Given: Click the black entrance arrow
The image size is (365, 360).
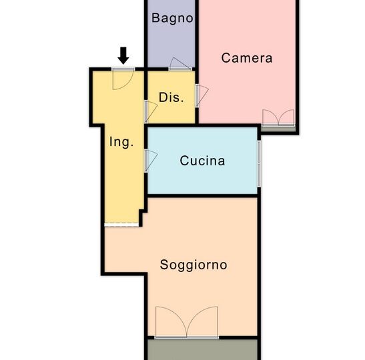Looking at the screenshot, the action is click(x=123, y=55).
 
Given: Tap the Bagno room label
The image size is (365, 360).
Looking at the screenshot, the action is click(x=172, y=19).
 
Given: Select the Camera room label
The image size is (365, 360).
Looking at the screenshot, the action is click(x=247, y=58).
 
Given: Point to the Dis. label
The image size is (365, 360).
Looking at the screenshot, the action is click(x=171, y=97).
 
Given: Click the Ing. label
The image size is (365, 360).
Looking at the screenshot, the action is click(x=121, y=142).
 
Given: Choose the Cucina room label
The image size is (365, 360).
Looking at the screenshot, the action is click(x=202, y=161).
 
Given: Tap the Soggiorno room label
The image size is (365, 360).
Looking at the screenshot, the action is click(x=194, y=265).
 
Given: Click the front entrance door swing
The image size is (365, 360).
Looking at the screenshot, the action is click(x=123, y=79).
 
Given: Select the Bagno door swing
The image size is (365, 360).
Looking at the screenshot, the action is click(x=180, y=64).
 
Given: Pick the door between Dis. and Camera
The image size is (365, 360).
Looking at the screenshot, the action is click(x=202, y=96).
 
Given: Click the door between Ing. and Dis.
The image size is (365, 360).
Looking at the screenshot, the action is click(x=151, y=111).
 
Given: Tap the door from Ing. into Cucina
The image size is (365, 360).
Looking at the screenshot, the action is click(x=151, y=161).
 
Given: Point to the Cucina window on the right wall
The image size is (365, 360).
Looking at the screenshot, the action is click(x=259, y=163).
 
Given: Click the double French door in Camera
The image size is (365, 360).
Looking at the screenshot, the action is click(x=278, y=118).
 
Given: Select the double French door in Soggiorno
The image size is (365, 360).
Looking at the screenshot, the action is click(x=186, y=323).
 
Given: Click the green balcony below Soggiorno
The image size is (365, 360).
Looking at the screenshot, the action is click(x=203, y=349).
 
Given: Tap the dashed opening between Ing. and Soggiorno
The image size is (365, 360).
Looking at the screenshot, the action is click(x=121, y=225).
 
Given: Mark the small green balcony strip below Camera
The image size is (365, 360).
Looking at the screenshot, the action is click(x=278, y=129).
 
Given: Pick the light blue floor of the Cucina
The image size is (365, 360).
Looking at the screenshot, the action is click(x=203, y=179).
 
